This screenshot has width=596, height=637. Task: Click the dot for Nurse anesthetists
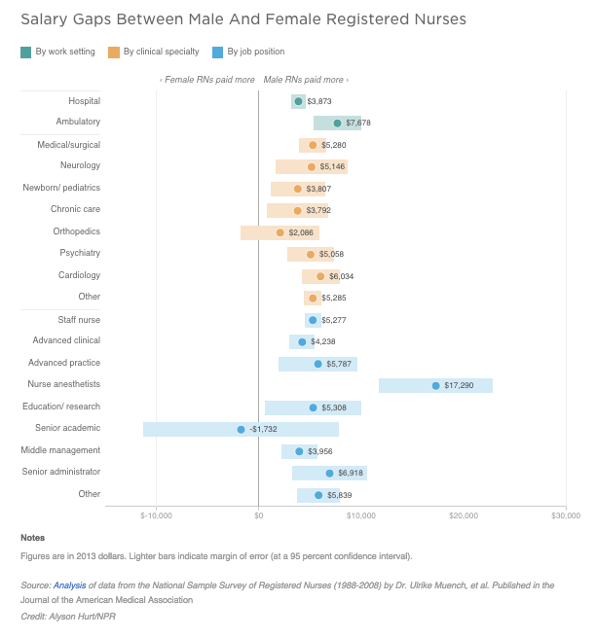coord(435,385)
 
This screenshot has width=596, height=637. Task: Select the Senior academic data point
coord(241,429)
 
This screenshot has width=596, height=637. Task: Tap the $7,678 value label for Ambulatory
coord(358,124)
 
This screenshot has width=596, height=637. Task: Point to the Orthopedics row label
coord(77,231)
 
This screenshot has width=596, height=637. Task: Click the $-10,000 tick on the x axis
coord(156,515)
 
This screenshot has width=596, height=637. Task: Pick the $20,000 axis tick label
coord(464,515)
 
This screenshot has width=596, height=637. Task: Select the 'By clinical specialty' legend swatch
coord(114,52)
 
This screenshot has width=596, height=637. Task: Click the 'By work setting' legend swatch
coord(25,52)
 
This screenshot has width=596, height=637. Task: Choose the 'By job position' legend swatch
coord(216,52)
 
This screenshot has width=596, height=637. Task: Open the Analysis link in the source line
coord(69,585)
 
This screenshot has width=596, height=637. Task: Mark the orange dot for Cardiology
coord(320,276)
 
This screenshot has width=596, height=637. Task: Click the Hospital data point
coord(298,101)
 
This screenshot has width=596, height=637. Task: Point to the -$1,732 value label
coord(263,429)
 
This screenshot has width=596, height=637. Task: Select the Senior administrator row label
coord(61,472)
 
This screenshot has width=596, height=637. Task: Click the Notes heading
coord(32,538)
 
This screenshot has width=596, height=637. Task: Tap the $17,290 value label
coord(459,385)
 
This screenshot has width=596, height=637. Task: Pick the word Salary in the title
coord(44,18)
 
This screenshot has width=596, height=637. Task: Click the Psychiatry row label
coord(80,253)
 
